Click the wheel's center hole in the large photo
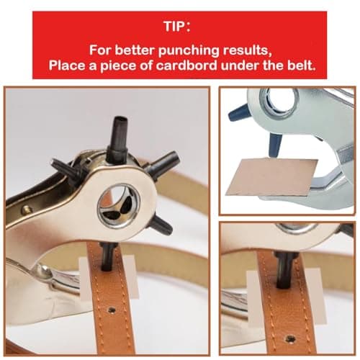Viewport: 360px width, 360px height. pos(118,206)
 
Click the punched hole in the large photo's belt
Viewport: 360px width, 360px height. pos(112,311)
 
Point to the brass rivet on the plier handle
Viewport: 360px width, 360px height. pos(27,210)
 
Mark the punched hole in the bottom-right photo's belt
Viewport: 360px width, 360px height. pos(289,338)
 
